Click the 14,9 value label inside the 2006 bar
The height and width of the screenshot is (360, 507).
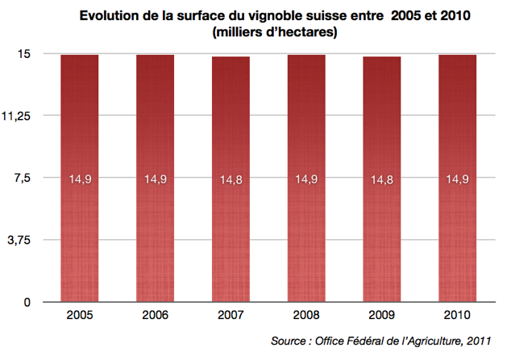pos(155,180)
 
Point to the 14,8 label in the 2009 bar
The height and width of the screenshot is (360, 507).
pos(381,180)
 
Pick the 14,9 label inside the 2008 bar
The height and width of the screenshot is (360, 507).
pos(306,180)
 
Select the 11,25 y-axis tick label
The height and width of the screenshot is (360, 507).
pos(18,116)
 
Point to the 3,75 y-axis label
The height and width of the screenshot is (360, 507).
pos(19,240)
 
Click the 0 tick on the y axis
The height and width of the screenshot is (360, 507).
pos(27,302)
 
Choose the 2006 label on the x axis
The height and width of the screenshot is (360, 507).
pos(155,316)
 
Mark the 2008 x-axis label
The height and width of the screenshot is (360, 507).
pos(306,316)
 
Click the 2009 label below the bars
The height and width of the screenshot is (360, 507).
pos(381,316)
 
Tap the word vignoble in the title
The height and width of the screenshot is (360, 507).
pos(279,16)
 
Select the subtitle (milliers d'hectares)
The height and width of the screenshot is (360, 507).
pos(274,33)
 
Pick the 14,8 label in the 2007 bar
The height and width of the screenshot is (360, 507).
pos(231,180)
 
